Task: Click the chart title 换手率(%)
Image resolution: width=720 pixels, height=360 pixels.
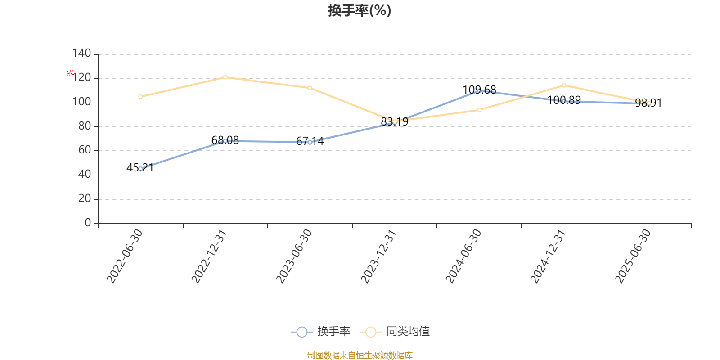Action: (x=360, y=10)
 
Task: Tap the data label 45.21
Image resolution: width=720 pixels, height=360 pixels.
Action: (x=140, y=167)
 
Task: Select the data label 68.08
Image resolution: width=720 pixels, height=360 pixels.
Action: (x=225, y=140)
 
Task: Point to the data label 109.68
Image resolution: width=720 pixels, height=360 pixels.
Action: (x=479, y=90)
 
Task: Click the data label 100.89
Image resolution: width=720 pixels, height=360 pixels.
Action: (x=564, y=100)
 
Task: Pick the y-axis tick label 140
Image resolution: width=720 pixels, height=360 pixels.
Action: (x=81, y=54)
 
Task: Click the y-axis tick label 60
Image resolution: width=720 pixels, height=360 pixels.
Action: (x=85, y=150)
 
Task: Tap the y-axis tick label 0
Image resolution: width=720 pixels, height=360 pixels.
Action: (x=88, y=223)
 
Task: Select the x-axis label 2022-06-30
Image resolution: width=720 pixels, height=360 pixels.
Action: (x=125, y=256)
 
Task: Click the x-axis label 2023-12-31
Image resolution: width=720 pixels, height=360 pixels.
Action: (x=378, y=256)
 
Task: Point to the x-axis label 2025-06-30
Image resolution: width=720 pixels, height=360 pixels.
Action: (x=633, y=256)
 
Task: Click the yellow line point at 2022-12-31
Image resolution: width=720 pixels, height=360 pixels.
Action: (x=225, y=77)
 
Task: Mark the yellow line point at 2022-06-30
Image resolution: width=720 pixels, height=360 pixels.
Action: (x=140, y=97)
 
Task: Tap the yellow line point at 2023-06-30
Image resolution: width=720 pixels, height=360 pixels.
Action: (x=310, y=88)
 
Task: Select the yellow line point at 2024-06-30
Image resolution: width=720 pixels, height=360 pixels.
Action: (x=479, y=110)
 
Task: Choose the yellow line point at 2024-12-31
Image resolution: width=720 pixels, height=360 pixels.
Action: (x=564, y=85)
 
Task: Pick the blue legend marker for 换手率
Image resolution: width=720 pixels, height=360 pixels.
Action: (x=302, y=332)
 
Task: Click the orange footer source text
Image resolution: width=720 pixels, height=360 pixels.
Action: (x=360, y=355)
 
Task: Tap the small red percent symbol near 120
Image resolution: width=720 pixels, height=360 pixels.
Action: (x=70, y=73)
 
